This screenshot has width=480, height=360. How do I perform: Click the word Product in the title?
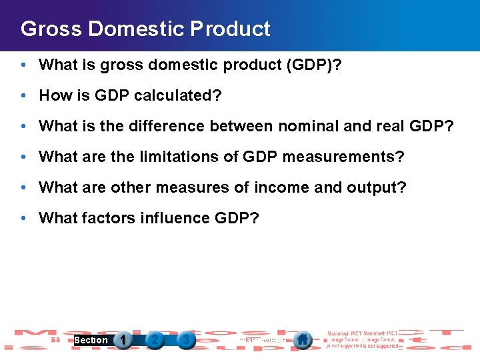click(230, 29)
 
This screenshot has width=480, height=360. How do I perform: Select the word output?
click(377, 187)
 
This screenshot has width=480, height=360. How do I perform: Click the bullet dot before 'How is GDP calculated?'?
click(23, 95)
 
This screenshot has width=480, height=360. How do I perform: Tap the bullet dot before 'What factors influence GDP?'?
click(23, 218)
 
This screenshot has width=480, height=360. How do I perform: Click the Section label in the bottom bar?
click(91, 340)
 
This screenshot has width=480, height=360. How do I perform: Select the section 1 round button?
click(123, 340)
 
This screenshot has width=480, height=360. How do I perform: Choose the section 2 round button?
click(155, 340)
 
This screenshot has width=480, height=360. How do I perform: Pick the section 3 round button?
click(186, 340)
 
